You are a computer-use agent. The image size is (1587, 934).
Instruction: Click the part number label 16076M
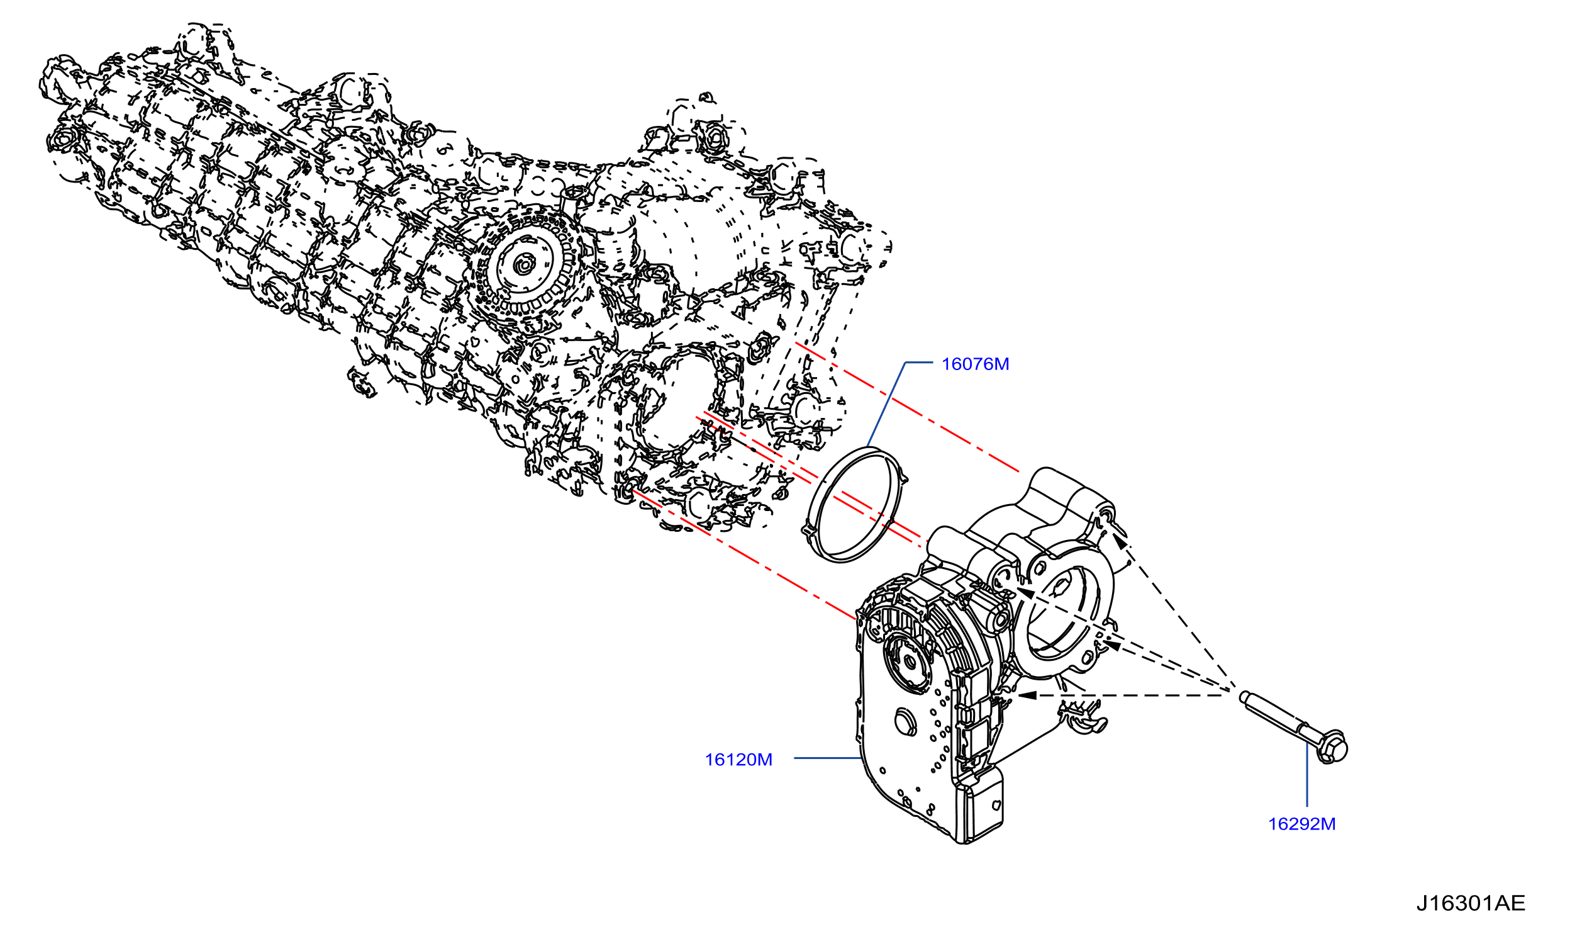975,364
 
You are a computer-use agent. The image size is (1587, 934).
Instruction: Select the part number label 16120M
738,760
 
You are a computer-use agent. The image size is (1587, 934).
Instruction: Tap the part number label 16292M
1301,824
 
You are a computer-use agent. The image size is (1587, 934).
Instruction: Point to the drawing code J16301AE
1471,904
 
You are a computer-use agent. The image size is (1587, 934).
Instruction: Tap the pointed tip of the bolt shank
1243,695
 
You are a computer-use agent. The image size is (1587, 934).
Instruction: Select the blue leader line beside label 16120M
828,758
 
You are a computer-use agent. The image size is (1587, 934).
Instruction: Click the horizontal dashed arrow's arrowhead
1027,695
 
